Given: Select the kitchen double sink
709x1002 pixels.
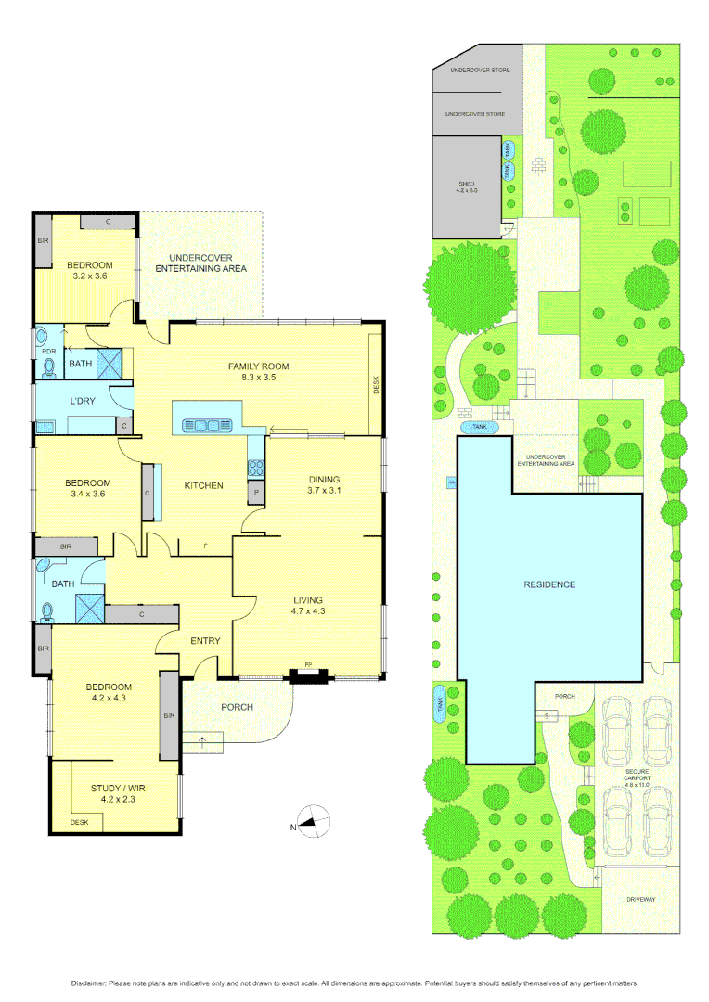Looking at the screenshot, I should tap(207, 426).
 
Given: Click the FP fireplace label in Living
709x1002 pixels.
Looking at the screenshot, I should tap(308, 665).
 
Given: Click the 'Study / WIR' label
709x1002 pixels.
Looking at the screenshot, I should tap(118, 793).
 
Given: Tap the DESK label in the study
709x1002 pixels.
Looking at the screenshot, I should tap(79, 822).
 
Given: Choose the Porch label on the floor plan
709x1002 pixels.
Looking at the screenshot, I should tap(237, 707).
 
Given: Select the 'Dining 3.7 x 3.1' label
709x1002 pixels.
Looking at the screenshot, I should tap(326, 484).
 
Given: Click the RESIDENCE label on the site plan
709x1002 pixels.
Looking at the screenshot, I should tap(548, 584).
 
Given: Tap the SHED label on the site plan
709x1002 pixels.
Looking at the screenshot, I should tap(466, 188).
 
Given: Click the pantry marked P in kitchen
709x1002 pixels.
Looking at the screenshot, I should tap(256, 491).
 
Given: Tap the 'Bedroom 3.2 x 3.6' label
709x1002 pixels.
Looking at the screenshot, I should tap(89, 270).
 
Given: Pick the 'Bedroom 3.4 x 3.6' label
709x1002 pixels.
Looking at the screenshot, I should tap(87, 488).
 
